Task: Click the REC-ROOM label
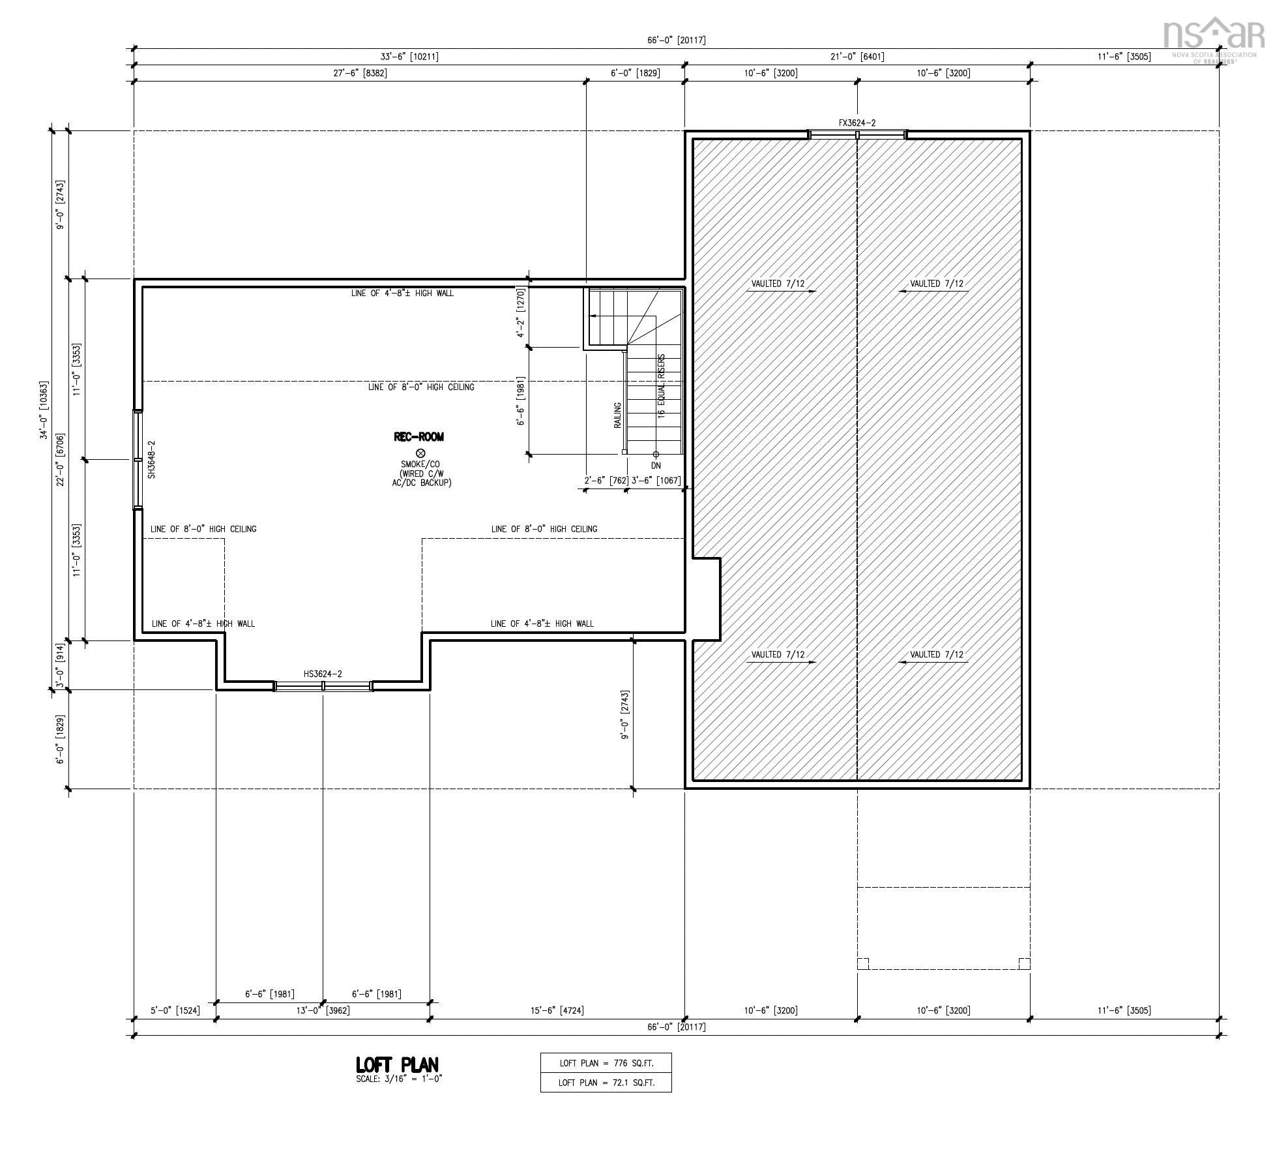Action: coord(418,437)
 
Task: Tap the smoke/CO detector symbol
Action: coord(420,453)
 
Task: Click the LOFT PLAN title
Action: coord(397,1065)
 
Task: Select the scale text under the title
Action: coord(399,1079)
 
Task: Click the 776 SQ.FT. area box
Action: coord(606,1063)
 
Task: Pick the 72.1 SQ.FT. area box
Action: coord(606,1083)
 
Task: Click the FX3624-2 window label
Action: coord(857,123)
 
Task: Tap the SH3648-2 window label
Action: coord(152,460)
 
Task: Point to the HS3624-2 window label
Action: coord(323,674)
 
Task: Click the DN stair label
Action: coord(656,466)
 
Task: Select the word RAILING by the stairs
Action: coord(617,415)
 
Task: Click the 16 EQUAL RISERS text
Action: coord(662,386)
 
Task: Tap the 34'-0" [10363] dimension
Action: coord(44,410)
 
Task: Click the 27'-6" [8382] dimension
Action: coord(360,73)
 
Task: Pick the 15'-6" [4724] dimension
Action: coord(557,1010)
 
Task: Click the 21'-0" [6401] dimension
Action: coord(857,57)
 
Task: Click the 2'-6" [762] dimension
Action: coord(606,481)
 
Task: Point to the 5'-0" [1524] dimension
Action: coord(175,1010)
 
